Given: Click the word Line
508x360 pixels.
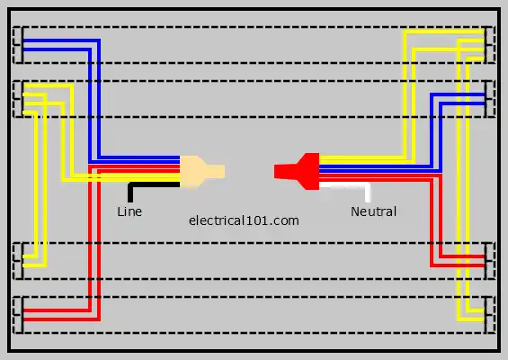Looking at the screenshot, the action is pyautogui.click(x=129, y=211).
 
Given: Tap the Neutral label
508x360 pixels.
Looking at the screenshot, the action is pyautogui.click(x=373, y=211).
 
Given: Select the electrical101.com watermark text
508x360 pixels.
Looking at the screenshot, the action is pyautogui.click(x=244, y=220).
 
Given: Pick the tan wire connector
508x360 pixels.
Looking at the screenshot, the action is pyautogui.click(x=201, y=172).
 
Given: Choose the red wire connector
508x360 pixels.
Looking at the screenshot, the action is pyautogui.click(x=297, y=171).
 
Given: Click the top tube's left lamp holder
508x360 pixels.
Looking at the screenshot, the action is pyautogui.click(x=18, y=45).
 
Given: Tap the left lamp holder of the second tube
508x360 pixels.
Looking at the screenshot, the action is pyautogui.click(x=18, y=99).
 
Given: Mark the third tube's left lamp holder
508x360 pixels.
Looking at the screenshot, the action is pyautogui.click(x=18, y=261).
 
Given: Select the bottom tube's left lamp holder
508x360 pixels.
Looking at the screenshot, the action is pyautogui.click(x=18, y=315).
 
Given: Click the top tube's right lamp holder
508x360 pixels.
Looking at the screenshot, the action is pyautogui.click(x=489, y=45).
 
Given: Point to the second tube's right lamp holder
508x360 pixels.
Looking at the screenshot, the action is pyautogui.click(x=489, y=99).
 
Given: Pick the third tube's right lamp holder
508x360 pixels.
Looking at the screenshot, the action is pyautogui.click(x=489, y=261).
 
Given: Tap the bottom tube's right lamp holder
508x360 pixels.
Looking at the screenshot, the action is pyautogui.click(x=489, y=315).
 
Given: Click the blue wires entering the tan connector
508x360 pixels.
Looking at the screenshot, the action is pyautogui.click(x=139, y=159).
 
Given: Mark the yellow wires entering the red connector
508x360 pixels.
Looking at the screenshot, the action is pyautogui.click(x=363, y=159).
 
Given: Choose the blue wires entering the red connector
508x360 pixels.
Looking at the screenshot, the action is pyautogui.click(x=380, y=168).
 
